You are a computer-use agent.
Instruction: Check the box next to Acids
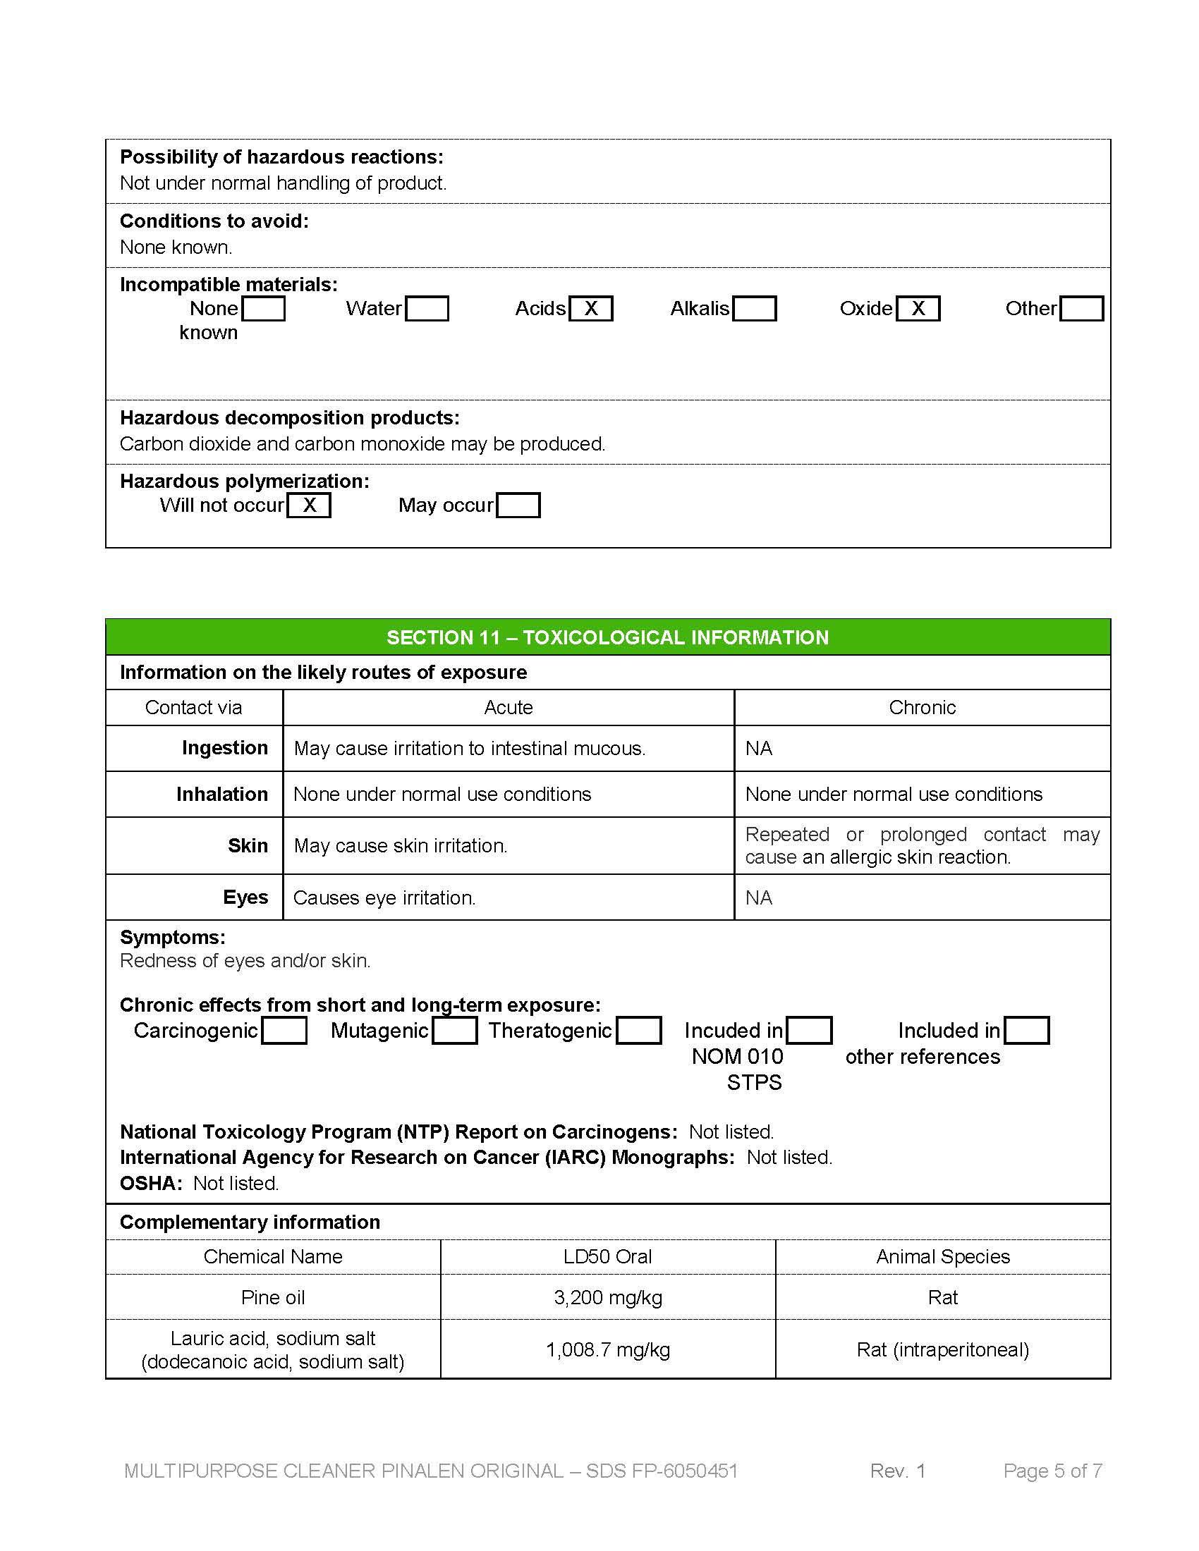[590, 308]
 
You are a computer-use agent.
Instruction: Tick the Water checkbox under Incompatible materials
[427, 308]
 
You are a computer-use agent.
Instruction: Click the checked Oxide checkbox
[918, 308]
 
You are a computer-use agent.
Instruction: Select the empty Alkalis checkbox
[755, 308]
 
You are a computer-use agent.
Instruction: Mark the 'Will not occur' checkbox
[309, 505]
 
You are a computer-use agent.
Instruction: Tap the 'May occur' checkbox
[518, 505]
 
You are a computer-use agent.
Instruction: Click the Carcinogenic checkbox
[284, 1031]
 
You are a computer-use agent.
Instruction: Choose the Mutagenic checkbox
[455, 1031]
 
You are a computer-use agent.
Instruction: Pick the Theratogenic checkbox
[638, 1031]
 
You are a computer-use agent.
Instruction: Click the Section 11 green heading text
[607, 637]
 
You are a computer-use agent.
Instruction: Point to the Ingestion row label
[224, 748]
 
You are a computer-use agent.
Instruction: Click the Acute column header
[509, 707]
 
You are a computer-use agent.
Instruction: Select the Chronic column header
[922, 707]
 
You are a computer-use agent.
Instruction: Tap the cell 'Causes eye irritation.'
[384, 897]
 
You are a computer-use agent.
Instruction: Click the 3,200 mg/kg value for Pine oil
[608, 1297]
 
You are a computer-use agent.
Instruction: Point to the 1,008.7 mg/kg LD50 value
[608, 1349]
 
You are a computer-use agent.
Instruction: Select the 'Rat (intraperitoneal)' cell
[942, 1349]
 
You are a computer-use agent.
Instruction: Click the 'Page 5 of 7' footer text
[1052, 1471]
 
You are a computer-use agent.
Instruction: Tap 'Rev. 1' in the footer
[898, 1471]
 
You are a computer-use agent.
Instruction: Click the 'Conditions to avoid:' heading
[214, 221]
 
